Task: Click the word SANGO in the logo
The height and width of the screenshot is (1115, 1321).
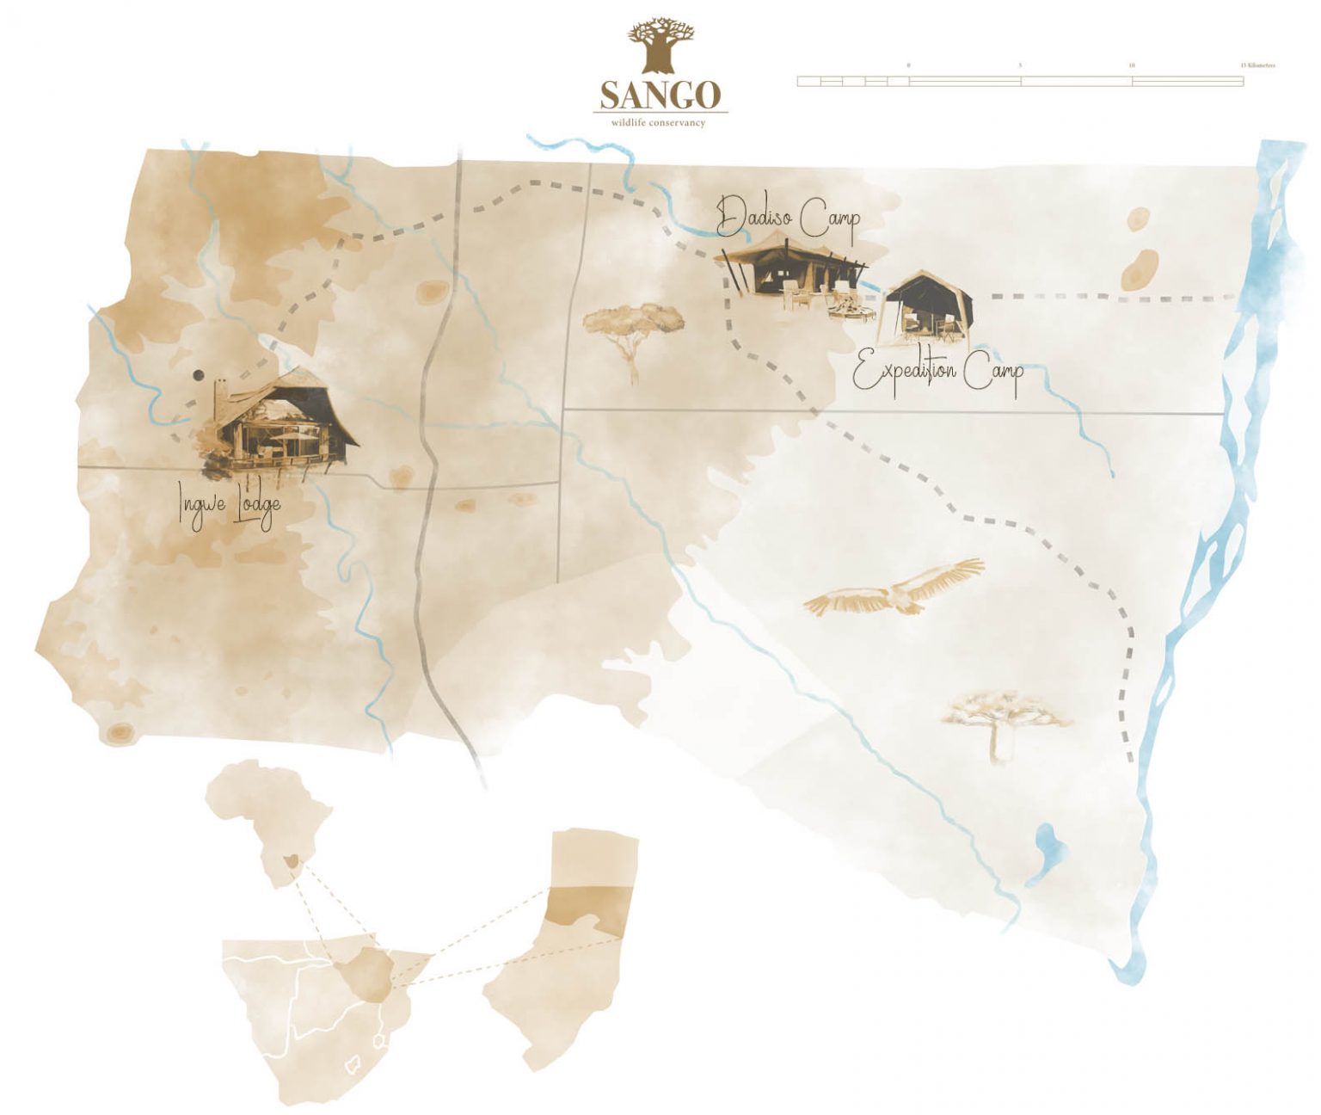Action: click(660, 95)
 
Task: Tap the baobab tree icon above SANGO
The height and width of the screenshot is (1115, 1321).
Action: click(660, 47)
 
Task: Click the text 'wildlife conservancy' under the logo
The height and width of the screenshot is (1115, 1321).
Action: click(658, 123)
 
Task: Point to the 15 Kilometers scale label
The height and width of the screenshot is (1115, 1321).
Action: click(1256, 65)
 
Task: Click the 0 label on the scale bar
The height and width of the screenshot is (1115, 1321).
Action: click(908, 65)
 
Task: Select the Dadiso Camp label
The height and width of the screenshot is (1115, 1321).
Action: click(788, 217)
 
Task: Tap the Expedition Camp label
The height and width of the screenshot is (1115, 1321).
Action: click(937, 373)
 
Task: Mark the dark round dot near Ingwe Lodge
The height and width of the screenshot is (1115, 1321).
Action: click(199, 375)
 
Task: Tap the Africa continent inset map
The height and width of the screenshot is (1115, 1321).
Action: click(270, 817)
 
